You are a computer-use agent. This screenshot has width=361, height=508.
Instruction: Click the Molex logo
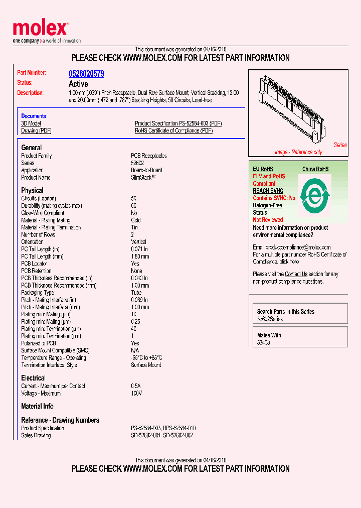click(40, 29)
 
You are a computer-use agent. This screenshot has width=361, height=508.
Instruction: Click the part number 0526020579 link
click(86, 74)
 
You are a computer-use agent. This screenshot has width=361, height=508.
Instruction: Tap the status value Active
click(78, 84)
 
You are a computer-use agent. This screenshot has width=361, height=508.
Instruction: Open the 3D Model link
click(31, 123)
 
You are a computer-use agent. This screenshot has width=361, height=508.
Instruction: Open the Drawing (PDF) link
click(36, 131)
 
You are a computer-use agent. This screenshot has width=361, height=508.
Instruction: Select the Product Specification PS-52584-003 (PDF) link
click(178, 123)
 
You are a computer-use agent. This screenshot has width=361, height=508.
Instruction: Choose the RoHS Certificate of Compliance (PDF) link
click(173, 131)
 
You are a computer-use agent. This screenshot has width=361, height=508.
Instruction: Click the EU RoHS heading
click(263, 169)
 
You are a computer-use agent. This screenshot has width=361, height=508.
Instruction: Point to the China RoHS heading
click(315, 169)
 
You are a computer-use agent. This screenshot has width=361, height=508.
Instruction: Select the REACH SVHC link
click(268, 191)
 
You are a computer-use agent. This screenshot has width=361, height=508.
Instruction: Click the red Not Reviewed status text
click(268, 220)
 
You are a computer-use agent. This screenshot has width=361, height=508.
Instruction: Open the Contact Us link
click(296, 274)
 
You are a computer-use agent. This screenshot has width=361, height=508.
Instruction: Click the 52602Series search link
click(270, 319)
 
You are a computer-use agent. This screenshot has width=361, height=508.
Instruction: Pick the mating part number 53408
click(264, 343)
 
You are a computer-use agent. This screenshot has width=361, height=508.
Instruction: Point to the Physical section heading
click(32, 190)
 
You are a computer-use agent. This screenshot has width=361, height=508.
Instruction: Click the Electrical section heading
click(33, 378)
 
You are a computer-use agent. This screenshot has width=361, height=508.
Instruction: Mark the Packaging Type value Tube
click(136, 293)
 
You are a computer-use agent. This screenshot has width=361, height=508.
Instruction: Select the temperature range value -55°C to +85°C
click(146, 358)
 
